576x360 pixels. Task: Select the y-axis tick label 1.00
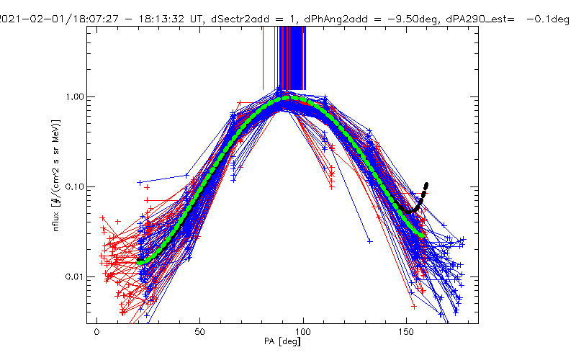(76, 96)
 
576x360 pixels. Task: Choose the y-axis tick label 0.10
(76, 187)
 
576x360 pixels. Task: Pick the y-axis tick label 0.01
(76, 277)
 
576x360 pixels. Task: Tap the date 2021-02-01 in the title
(32, 8)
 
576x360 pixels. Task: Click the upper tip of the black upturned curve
(426, 184)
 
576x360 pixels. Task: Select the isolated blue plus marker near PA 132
(370, 241)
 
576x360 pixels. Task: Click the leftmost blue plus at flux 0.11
(140, 183)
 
